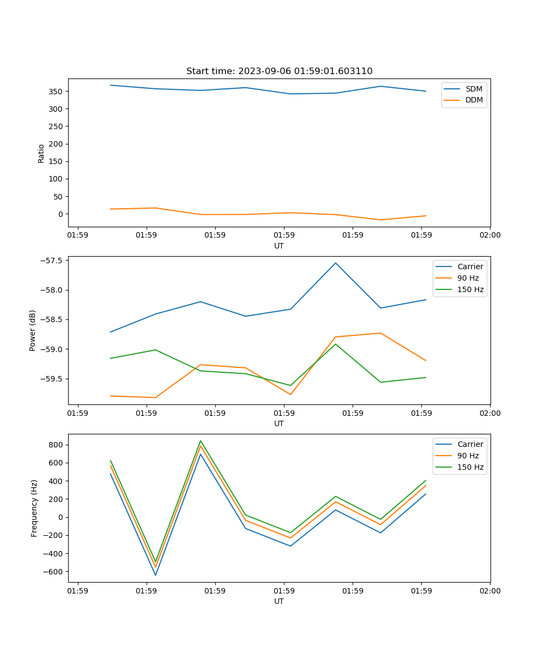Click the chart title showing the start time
coord(279,71)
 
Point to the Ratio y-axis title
coord(41,153)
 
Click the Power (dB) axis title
coord(33,330)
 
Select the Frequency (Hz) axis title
coord(34,508)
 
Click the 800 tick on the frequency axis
coord(57,445)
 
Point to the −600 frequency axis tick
coord(55,572)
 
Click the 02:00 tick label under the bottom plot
coord(490,590)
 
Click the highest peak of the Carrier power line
coord(336,263)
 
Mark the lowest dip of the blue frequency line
coord(155,575)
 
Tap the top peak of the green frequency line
coord(201,441)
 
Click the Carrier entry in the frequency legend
coord(470,444)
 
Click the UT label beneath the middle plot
coord(279,423)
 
